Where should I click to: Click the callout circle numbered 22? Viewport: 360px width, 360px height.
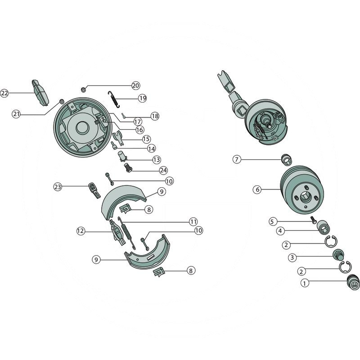pyautogui.click(x=5, y=93)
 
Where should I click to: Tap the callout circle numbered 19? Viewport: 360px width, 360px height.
pyautogui.click(x=142, y=98)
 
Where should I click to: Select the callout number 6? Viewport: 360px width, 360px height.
pyautogui.click(x=257, y=190)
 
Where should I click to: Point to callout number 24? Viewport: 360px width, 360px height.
pyautogui.click(x=163, y=170)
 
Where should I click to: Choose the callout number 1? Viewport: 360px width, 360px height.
pyautogui.click(x=305, y=283)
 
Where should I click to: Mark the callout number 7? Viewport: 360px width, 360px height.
pyautogui.click(x=237, y=159)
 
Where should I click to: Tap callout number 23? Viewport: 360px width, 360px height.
pyautogui.click(x=57, y=186)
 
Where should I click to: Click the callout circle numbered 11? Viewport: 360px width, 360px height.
pyautogui.click(x=193, y=221)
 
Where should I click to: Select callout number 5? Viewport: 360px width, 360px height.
pyautogui.click(x=272, y=221)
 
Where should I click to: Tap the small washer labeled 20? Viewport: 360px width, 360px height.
pyautogui.click(x=83, y=90)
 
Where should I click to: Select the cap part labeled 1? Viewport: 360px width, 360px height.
pyautogui.click(x=353, y=283)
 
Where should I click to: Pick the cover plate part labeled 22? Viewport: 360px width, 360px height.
pyautogui.click(x=40, y=92)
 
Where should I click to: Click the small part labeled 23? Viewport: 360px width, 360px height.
pyautogui.click(x=93, y=189)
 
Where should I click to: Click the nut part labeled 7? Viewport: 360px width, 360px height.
pyautogui.click(x=285, y=159)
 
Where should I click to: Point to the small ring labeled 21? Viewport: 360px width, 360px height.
pyautogui.click(x=62, y=101)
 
